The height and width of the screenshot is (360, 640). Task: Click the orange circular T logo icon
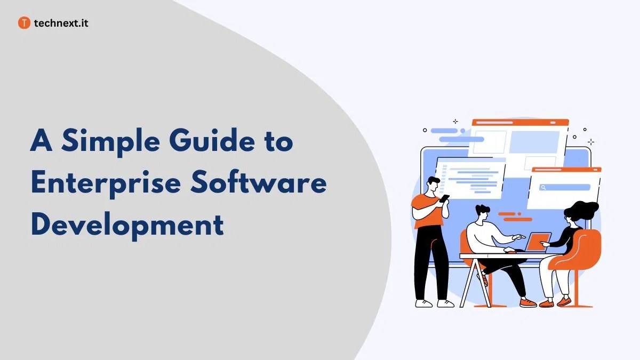24,23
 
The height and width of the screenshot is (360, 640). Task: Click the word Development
127,224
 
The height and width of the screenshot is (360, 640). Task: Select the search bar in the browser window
565,187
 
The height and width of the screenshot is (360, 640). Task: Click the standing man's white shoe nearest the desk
445,303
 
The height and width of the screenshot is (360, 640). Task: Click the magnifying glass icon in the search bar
543,187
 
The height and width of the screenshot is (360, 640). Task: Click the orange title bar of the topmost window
521,122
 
